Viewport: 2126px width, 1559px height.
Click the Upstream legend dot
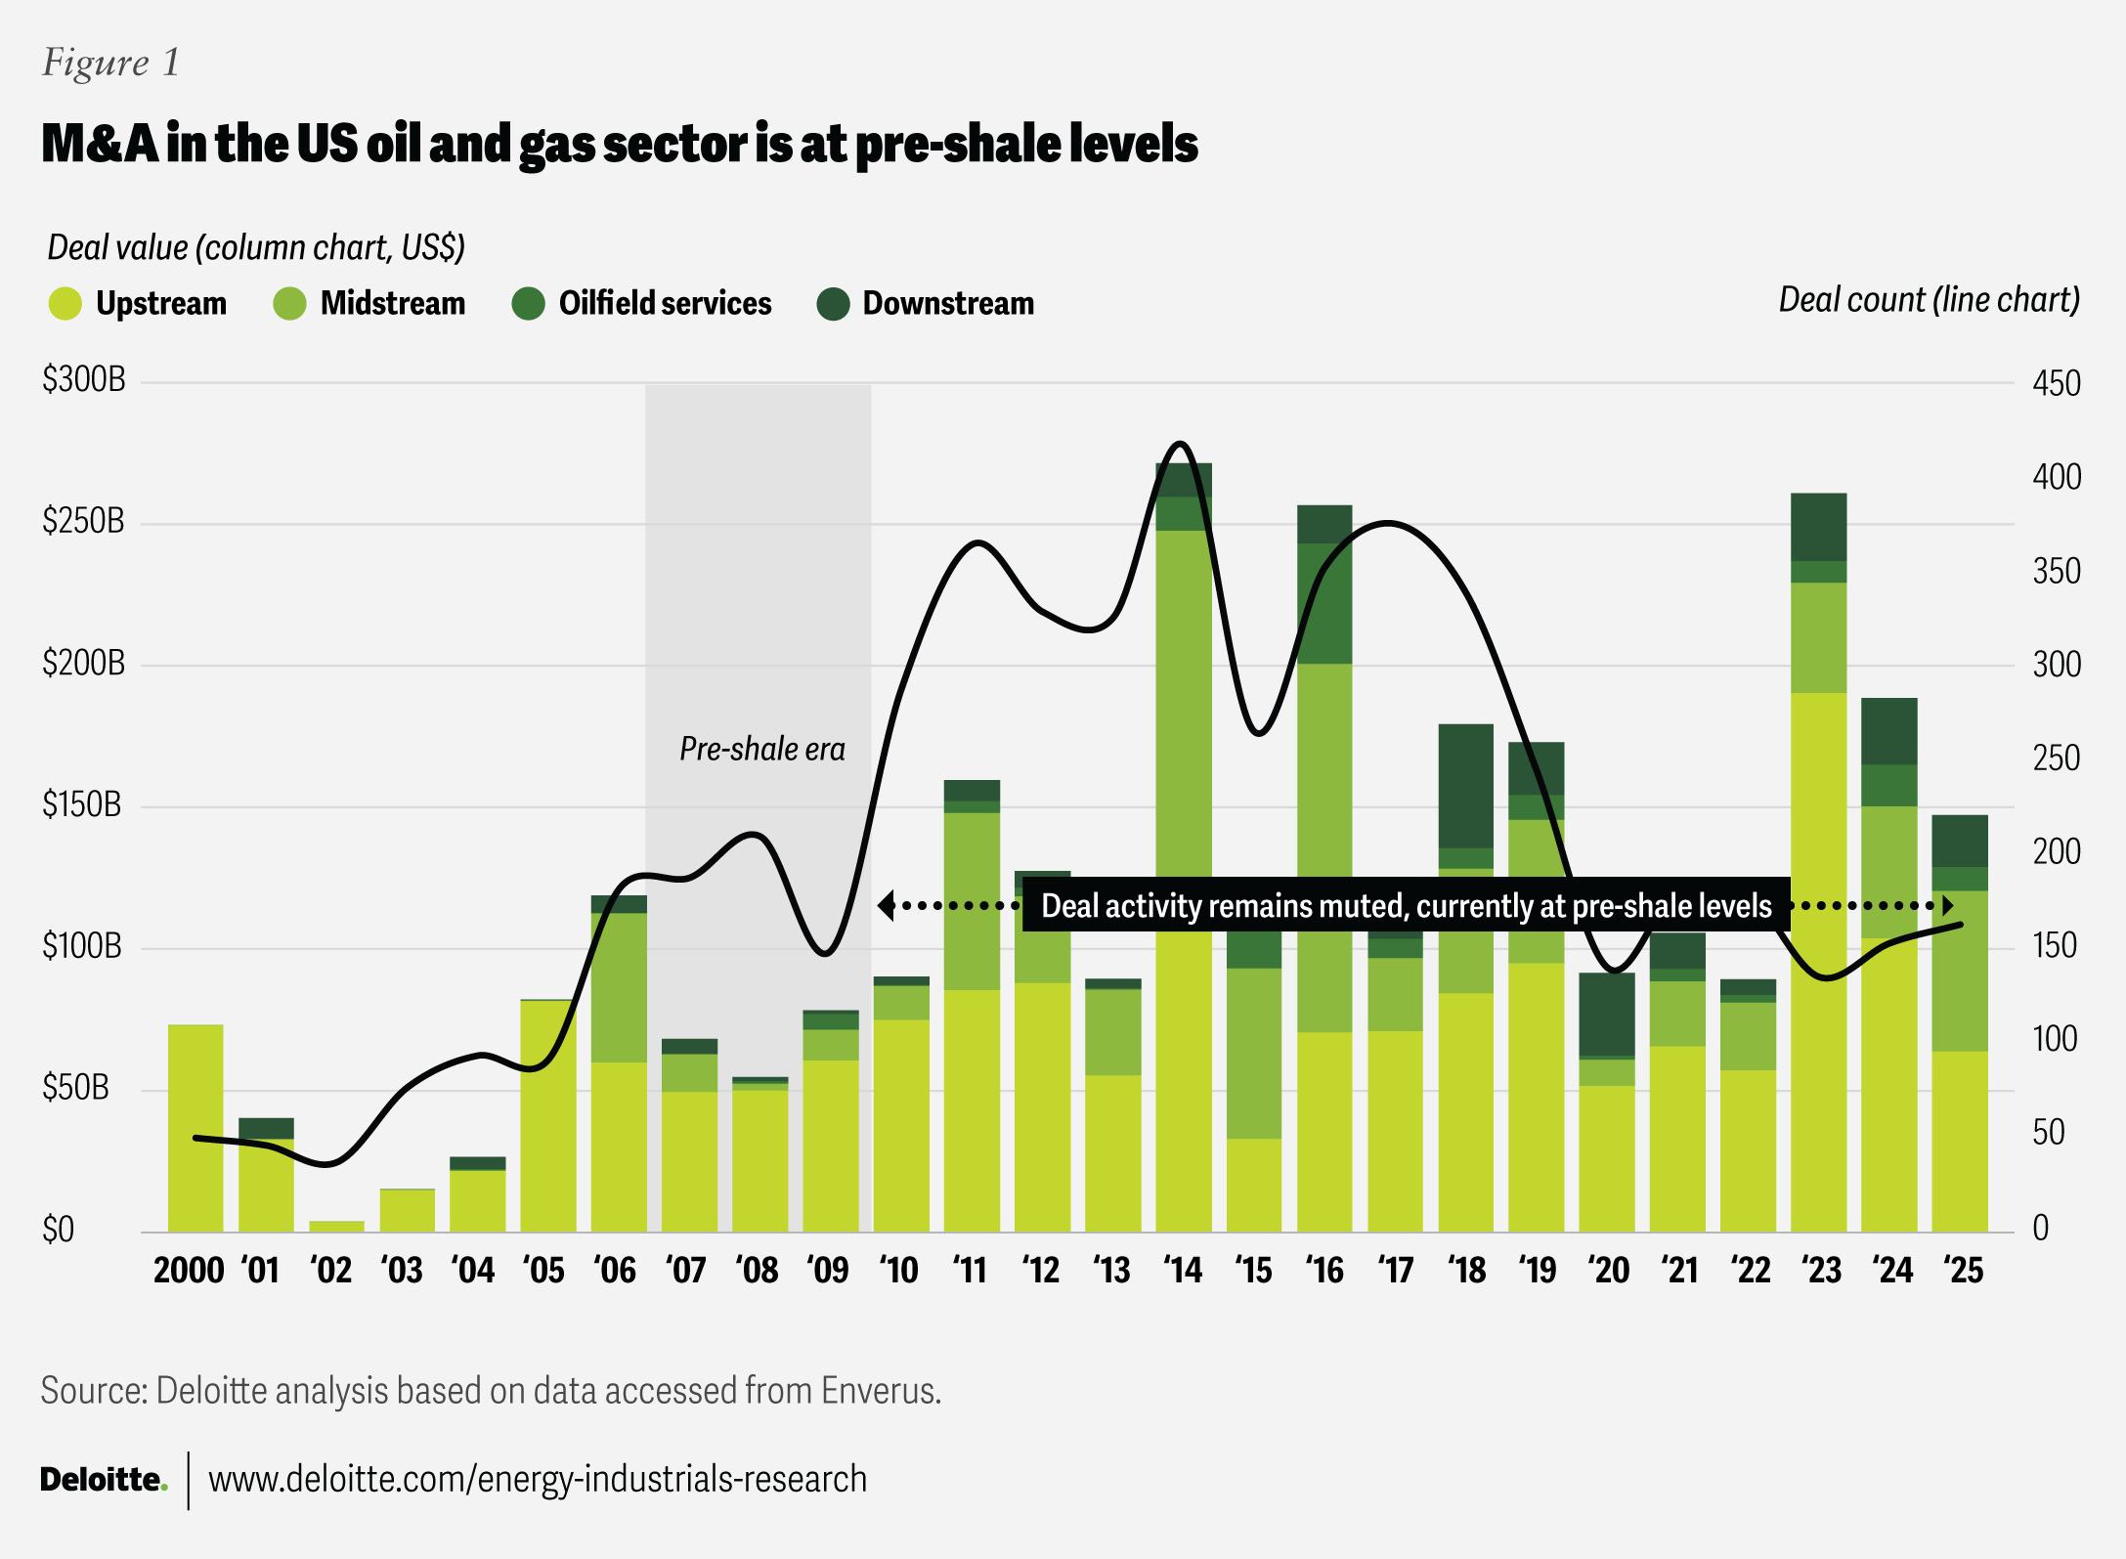(65, 304)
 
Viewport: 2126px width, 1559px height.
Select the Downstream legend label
(947, 304)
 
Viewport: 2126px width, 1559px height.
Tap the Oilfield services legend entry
(665, 304)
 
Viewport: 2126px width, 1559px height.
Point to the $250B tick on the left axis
(83, 521)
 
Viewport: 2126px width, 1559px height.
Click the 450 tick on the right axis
(2056, 383)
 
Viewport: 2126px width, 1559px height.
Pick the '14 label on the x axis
(1183, 1271)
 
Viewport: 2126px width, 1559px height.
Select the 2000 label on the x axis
(189, 1271)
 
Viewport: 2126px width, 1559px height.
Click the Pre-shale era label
(762, 750)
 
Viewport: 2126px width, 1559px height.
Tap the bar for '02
(336, 1226)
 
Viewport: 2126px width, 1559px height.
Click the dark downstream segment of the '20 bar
(1607, 1015)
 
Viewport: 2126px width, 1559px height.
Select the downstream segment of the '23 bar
(1818, 527)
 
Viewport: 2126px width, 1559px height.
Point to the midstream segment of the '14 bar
(1184, 704)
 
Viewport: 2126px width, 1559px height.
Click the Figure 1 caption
(110, 63)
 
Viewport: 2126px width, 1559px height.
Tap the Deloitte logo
(103, 1480)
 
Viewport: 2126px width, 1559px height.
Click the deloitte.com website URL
(538, 1480)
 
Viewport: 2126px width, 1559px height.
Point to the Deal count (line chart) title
(1929, 300)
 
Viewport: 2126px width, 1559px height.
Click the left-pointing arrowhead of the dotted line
(885, 906)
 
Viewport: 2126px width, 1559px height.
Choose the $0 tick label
(59, 1230)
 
